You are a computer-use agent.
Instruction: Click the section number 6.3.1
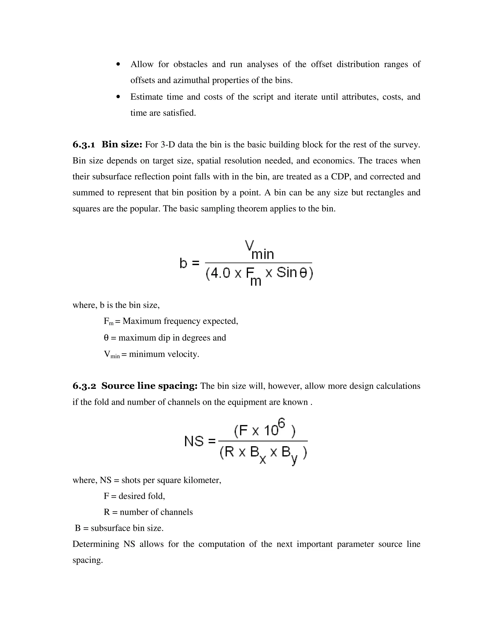tap(84, 145)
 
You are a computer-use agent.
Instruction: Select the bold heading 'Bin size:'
tap(122, 145)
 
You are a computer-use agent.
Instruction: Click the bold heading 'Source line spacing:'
tap(149, 386)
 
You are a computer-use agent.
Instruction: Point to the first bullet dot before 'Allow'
tap(118, 64)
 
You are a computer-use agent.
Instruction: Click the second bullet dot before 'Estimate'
tap(118, 97)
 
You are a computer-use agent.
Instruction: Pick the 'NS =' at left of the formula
tap(200, 441)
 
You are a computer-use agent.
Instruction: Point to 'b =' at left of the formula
tap(189, 263)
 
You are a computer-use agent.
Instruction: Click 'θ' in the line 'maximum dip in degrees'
tap(106, 338)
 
